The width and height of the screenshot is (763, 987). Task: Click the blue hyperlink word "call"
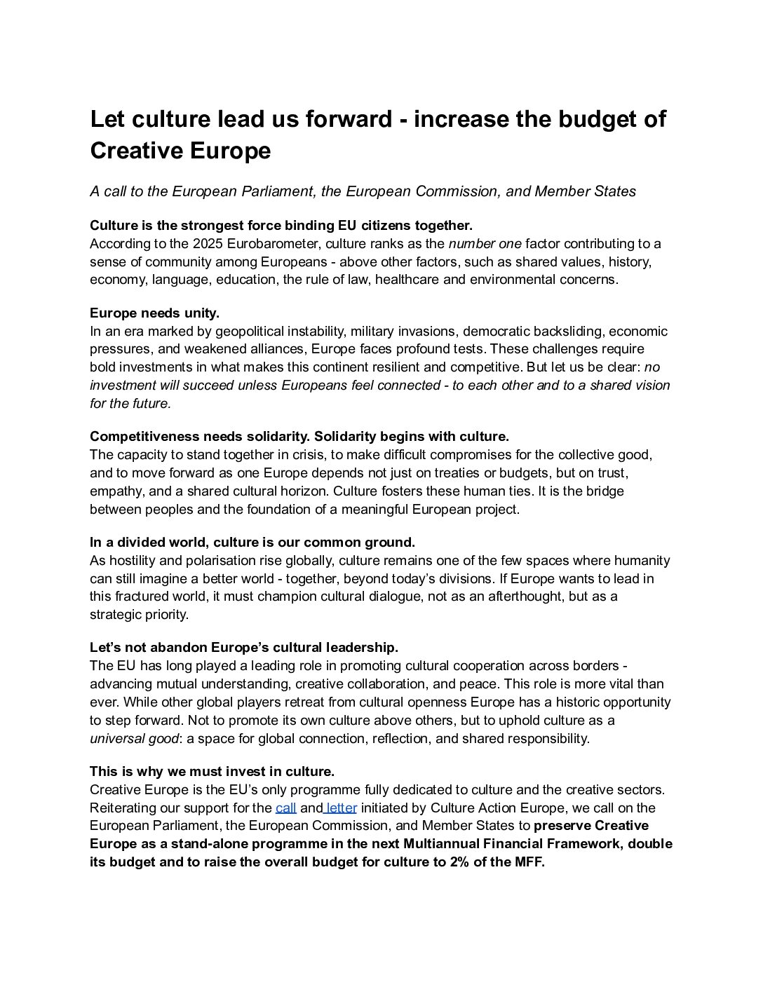(285, 808)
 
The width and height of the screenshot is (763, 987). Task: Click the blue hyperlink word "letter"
(342, 808)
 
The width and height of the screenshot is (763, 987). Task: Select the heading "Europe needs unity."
(154, 313)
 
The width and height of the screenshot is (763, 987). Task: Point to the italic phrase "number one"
(485, 244)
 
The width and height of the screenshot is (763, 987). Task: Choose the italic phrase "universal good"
(135, 738)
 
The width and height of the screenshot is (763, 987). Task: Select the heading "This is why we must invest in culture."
(212, 772)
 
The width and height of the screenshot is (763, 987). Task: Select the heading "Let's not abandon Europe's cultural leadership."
(243, 647)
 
